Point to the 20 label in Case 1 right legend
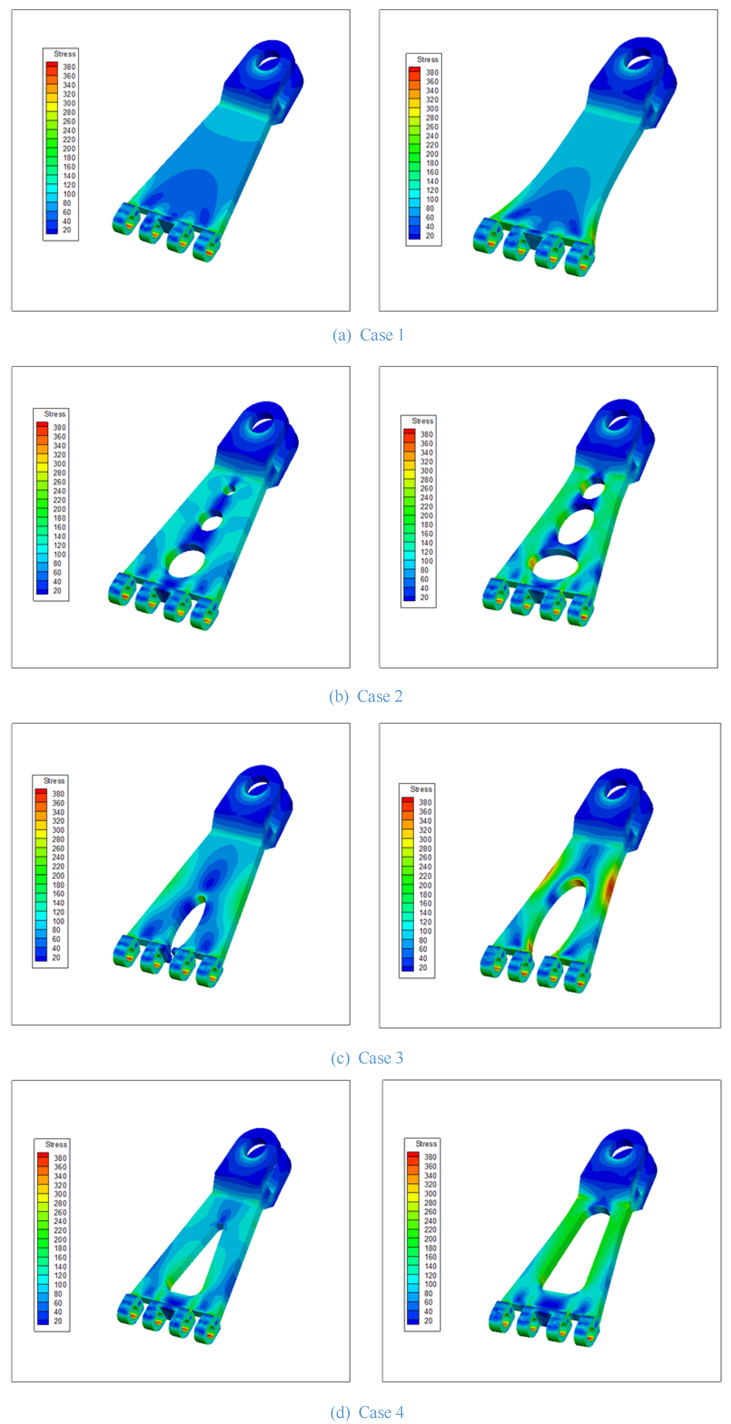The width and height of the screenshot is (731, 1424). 430,235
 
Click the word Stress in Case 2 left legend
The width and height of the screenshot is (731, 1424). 55,414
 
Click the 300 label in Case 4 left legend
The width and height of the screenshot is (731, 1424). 60,1194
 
